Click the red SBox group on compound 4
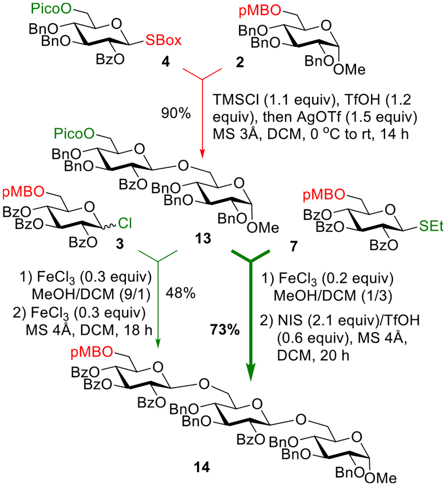tap(164, 40)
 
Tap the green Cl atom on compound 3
tap(125, 223)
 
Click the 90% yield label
tap(176, 113)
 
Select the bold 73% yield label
tap(225, 330)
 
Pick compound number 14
tap(202, 467)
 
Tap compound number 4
tap(165, 62)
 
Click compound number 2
tap(240, 62)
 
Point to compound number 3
tap(120, 243)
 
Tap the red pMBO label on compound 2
tap(259, 11)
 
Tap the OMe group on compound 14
tap(381, 478)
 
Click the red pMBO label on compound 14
tap(92, 352)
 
